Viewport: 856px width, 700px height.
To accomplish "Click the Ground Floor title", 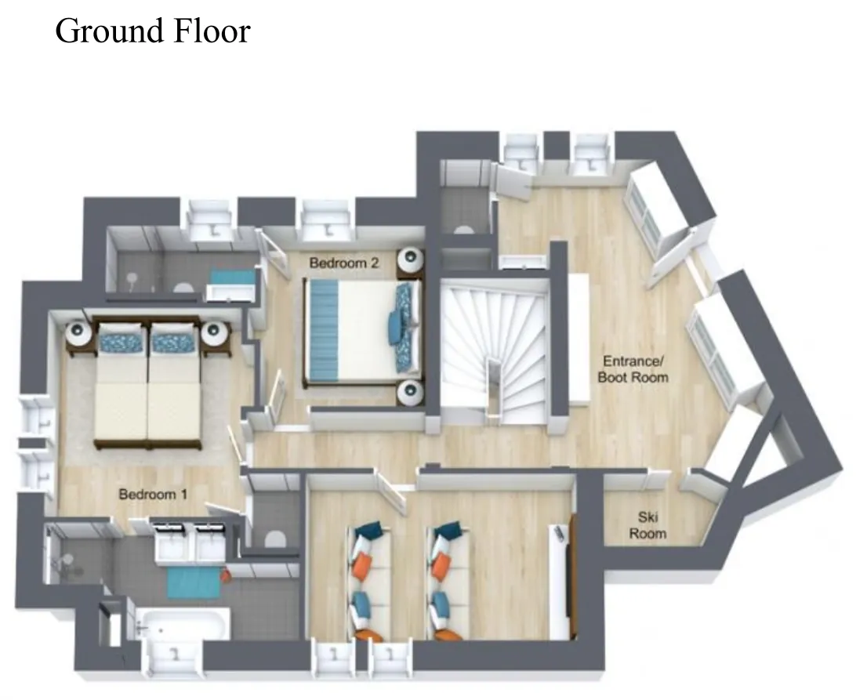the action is (x=153, y=31).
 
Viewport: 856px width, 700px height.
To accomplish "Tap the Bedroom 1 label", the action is (x=153, y=494).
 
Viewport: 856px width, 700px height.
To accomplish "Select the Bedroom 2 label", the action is (x=344, y=263).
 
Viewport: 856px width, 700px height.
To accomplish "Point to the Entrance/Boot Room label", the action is (x=633, y=369).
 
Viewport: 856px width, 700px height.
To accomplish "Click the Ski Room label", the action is (x=648, y=524).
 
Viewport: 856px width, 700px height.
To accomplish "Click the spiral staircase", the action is (x=495, y=352).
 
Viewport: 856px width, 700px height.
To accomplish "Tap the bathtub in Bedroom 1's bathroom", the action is (x=183, y=624).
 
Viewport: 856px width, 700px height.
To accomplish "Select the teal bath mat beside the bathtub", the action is (x=194, y=583).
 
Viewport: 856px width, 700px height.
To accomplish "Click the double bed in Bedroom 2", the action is (x=362, y=331).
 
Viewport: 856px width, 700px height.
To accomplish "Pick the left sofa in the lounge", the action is (x=369, y=581).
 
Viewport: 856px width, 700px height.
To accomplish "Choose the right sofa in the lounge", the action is (x=448, y=581).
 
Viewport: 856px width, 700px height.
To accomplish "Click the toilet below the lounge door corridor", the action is (x=275, y=539).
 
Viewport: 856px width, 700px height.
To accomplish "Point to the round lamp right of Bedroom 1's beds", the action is (x=214, y=332).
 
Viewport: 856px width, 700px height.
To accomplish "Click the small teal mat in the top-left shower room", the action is (x=232, y=276).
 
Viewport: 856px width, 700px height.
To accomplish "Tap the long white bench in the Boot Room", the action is (x=579, y=339).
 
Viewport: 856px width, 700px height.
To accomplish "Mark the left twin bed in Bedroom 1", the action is (x=122, y=383).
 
